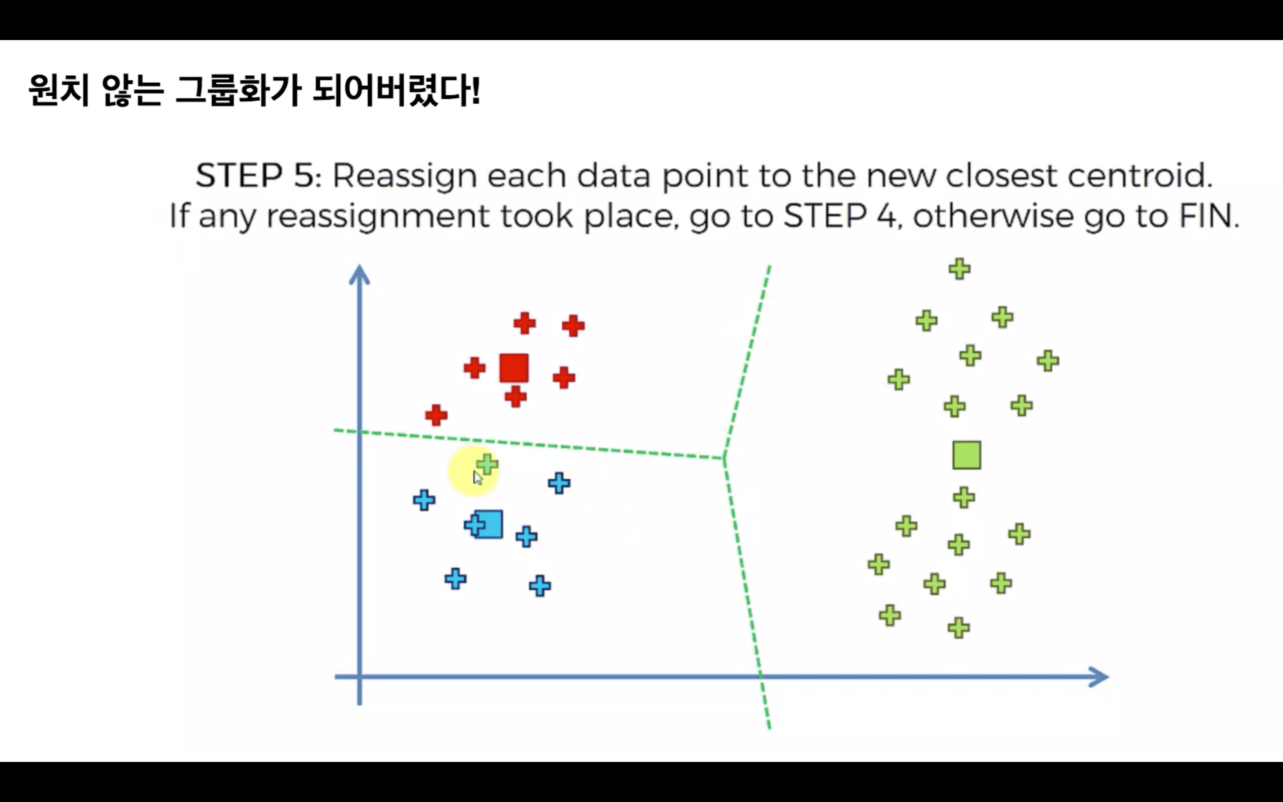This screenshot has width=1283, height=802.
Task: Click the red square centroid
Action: point(514,368)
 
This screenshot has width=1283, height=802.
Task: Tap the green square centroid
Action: point(967,455)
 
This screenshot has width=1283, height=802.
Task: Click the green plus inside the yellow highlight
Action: point(486,465)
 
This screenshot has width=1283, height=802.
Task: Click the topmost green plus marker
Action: point(960,269)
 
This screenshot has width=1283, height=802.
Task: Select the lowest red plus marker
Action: point(436,415)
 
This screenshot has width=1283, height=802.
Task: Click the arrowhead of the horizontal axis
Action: point(1099,677)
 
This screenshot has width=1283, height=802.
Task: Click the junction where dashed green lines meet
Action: point(724,458)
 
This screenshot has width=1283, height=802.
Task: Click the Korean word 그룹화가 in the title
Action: point(239,90)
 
